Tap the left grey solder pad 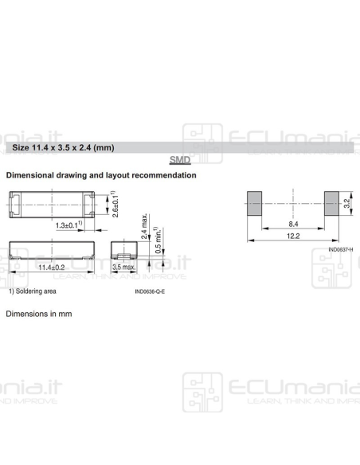[254, 204]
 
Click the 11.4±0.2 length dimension [54, 268]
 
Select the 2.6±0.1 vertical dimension [116, 204]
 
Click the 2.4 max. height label [144, 227]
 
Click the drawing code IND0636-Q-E [155, 292]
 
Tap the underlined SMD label [179, 161]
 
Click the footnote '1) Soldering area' [33, 291]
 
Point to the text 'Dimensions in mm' [39, 314]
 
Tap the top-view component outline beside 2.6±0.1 [54, 204]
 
